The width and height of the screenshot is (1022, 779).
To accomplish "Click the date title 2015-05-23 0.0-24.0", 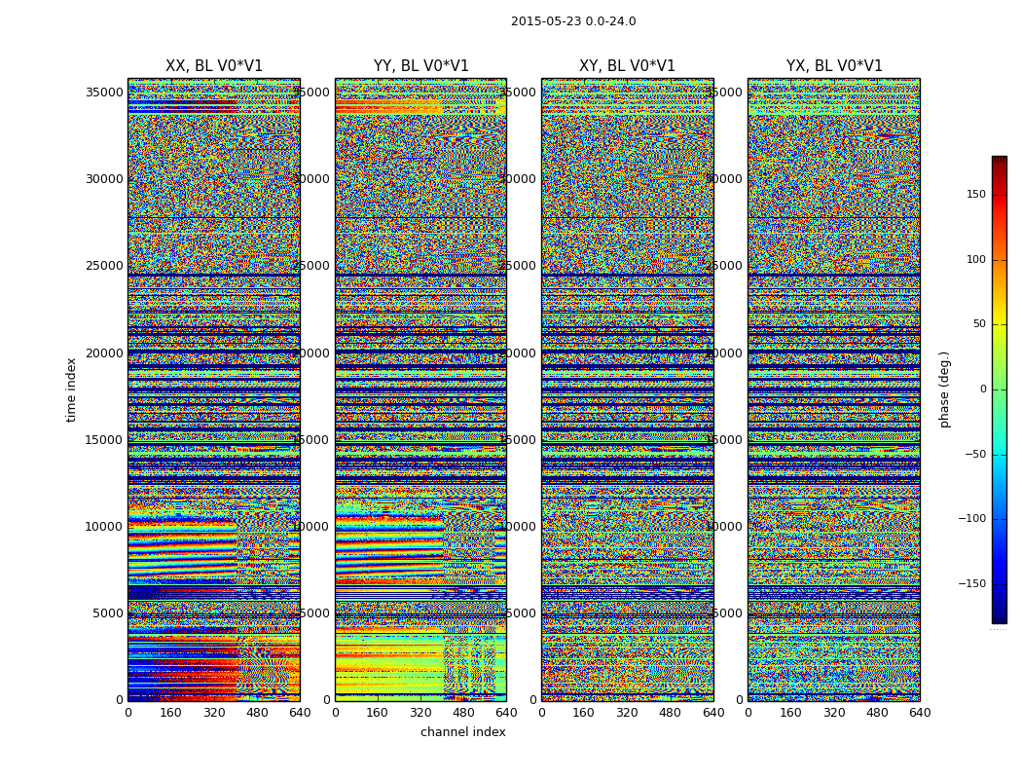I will pyautogui.click(x=573, y=21).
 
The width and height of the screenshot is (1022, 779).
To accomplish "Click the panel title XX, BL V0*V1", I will pyautogui.click(x=214, y=66).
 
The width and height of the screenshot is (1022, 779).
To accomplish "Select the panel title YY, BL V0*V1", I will pyautogui.click(x=420, y=66).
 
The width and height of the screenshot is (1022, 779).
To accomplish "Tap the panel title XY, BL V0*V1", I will pyautogui.click(x=627, y=66).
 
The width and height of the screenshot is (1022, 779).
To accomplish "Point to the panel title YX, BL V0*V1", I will pyautogui.click(x=834, y=66).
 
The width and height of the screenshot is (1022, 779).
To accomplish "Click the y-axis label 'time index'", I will pyautogui.click(x=71, y=389).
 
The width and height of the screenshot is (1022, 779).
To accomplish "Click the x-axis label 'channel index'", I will pyautogui.click(x=462, y=732).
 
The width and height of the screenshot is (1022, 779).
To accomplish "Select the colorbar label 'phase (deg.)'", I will pyautogui.click(x=944, y=389).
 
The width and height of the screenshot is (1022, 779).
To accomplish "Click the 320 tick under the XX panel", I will pyautogui.click(x=214, y=713).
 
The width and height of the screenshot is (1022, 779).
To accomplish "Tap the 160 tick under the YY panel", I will pyautogui.click(x=378, y=713).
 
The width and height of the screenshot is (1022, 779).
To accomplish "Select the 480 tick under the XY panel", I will pyautogui.click(x=671, y=713).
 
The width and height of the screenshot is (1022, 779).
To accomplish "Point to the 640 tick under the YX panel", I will pyautogui.click(x=920, y=713).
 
